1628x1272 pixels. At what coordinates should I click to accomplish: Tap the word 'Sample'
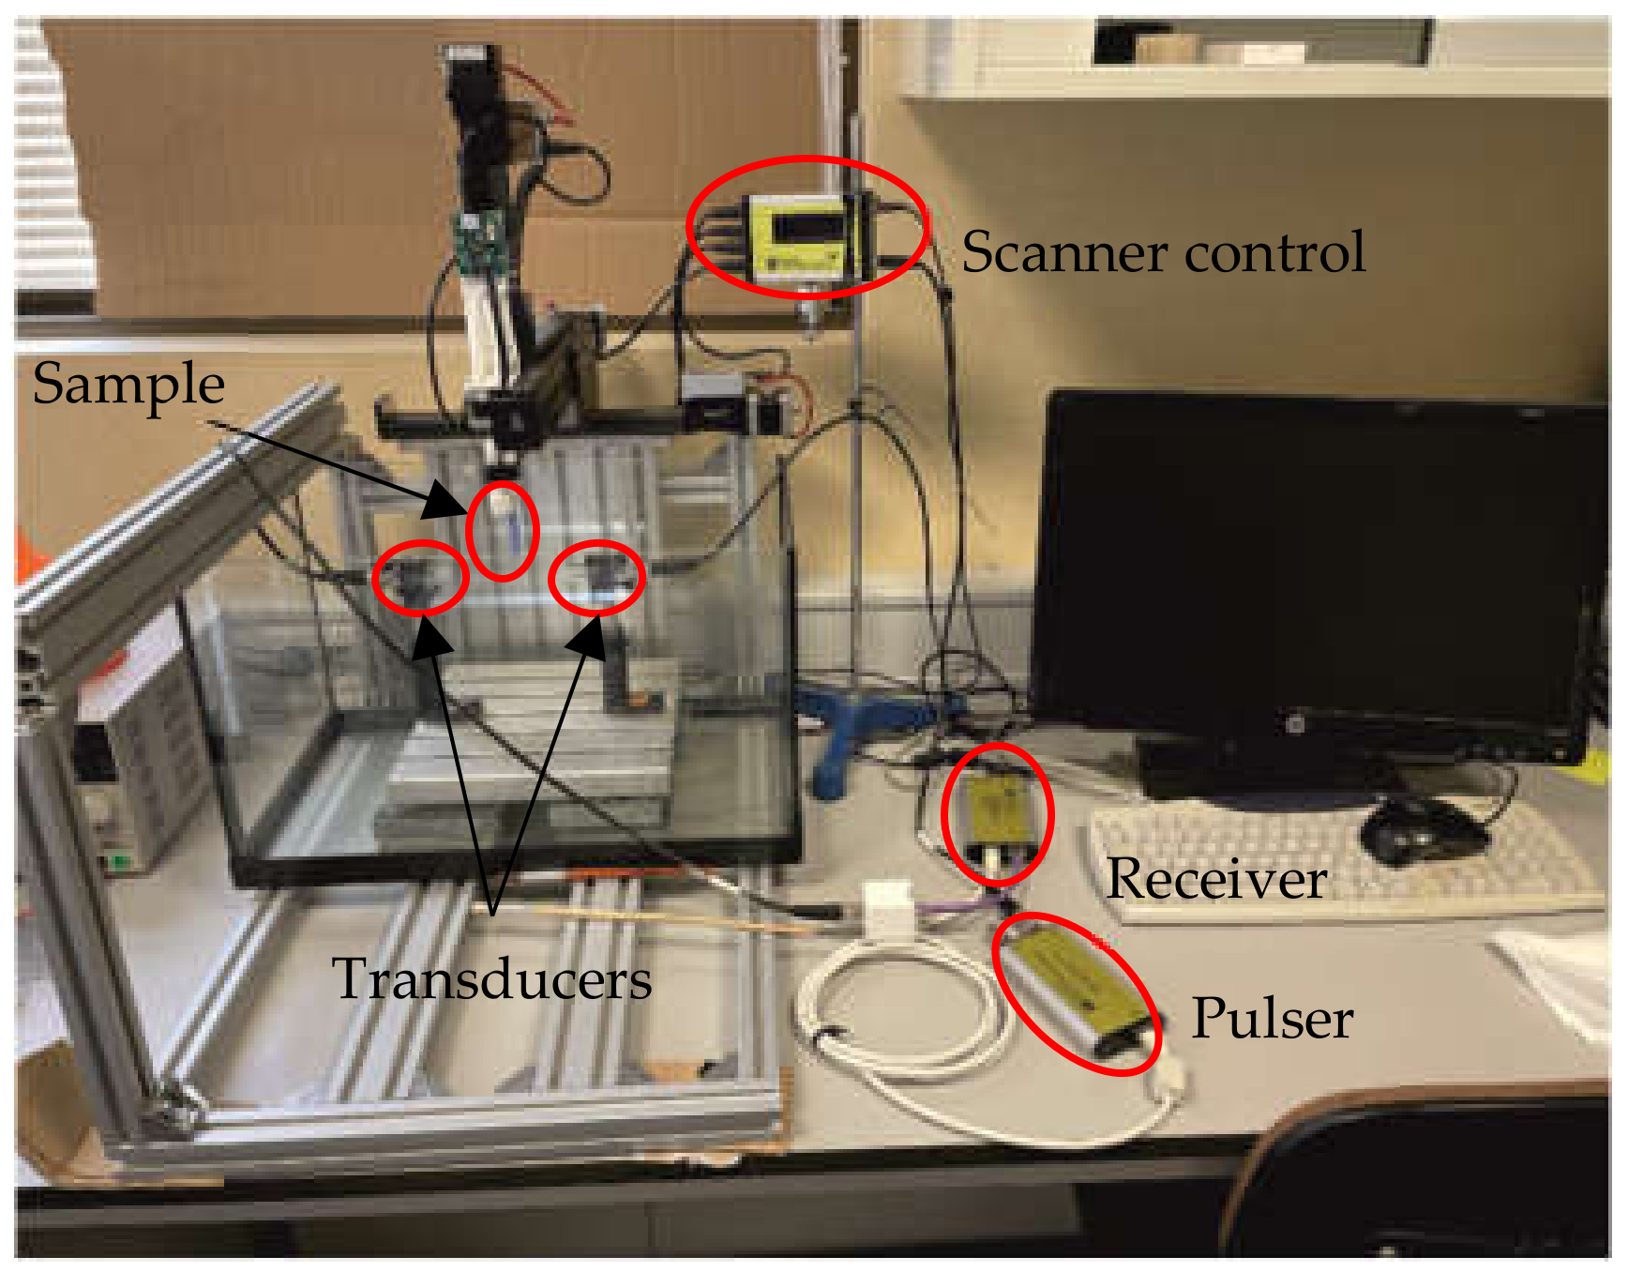128,385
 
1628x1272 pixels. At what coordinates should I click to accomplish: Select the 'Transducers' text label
492,979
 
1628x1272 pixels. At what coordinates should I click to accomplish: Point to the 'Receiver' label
1216,879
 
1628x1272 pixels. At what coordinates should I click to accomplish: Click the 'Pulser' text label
1272,1019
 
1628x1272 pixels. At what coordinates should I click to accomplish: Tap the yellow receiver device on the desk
997,812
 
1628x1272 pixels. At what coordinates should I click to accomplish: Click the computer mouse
1421,831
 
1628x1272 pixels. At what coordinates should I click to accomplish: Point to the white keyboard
1341,863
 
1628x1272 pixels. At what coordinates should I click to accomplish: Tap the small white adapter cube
888,904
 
